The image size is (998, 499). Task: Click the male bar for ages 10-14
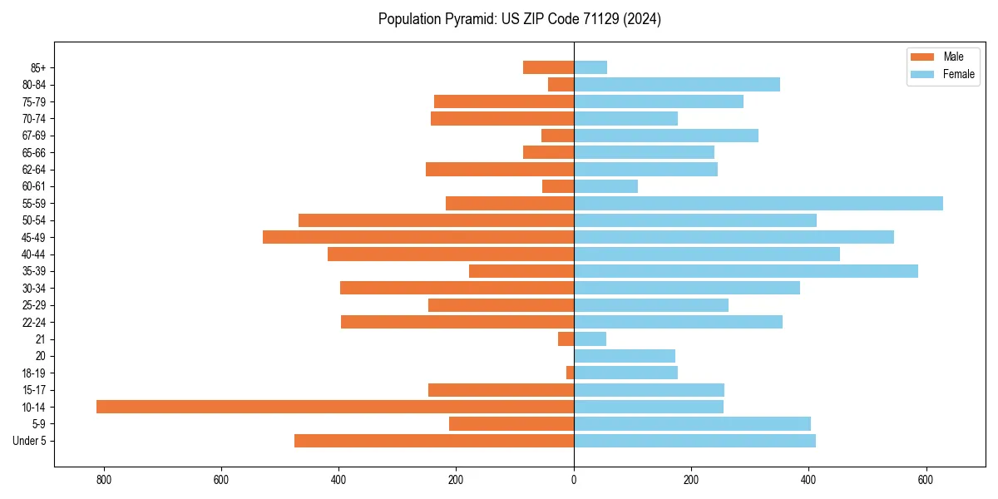coord(335,407)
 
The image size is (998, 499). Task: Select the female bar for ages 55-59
coord(758,203)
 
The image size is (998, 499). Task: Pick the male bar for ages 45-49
coord(418,237)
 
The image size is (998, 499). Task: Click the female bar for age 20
coord(624,356)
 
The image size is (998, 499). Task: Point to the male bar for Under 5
coord(434,441)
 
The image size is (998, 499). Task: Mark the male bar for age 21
coord(566,339)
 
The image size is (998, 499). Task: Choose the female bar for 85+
coord(590,67)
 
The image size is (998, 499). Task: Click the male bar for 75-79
coord(504,101)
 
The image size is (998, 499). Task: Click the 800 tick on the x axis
coord(104,480)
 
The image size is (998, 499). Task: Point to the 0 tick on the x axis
coord(574,480)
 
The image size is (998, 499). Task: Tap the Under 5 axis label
coord(30,441)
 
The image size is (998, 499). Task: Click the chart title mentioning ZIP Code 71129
coord(520,19)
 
